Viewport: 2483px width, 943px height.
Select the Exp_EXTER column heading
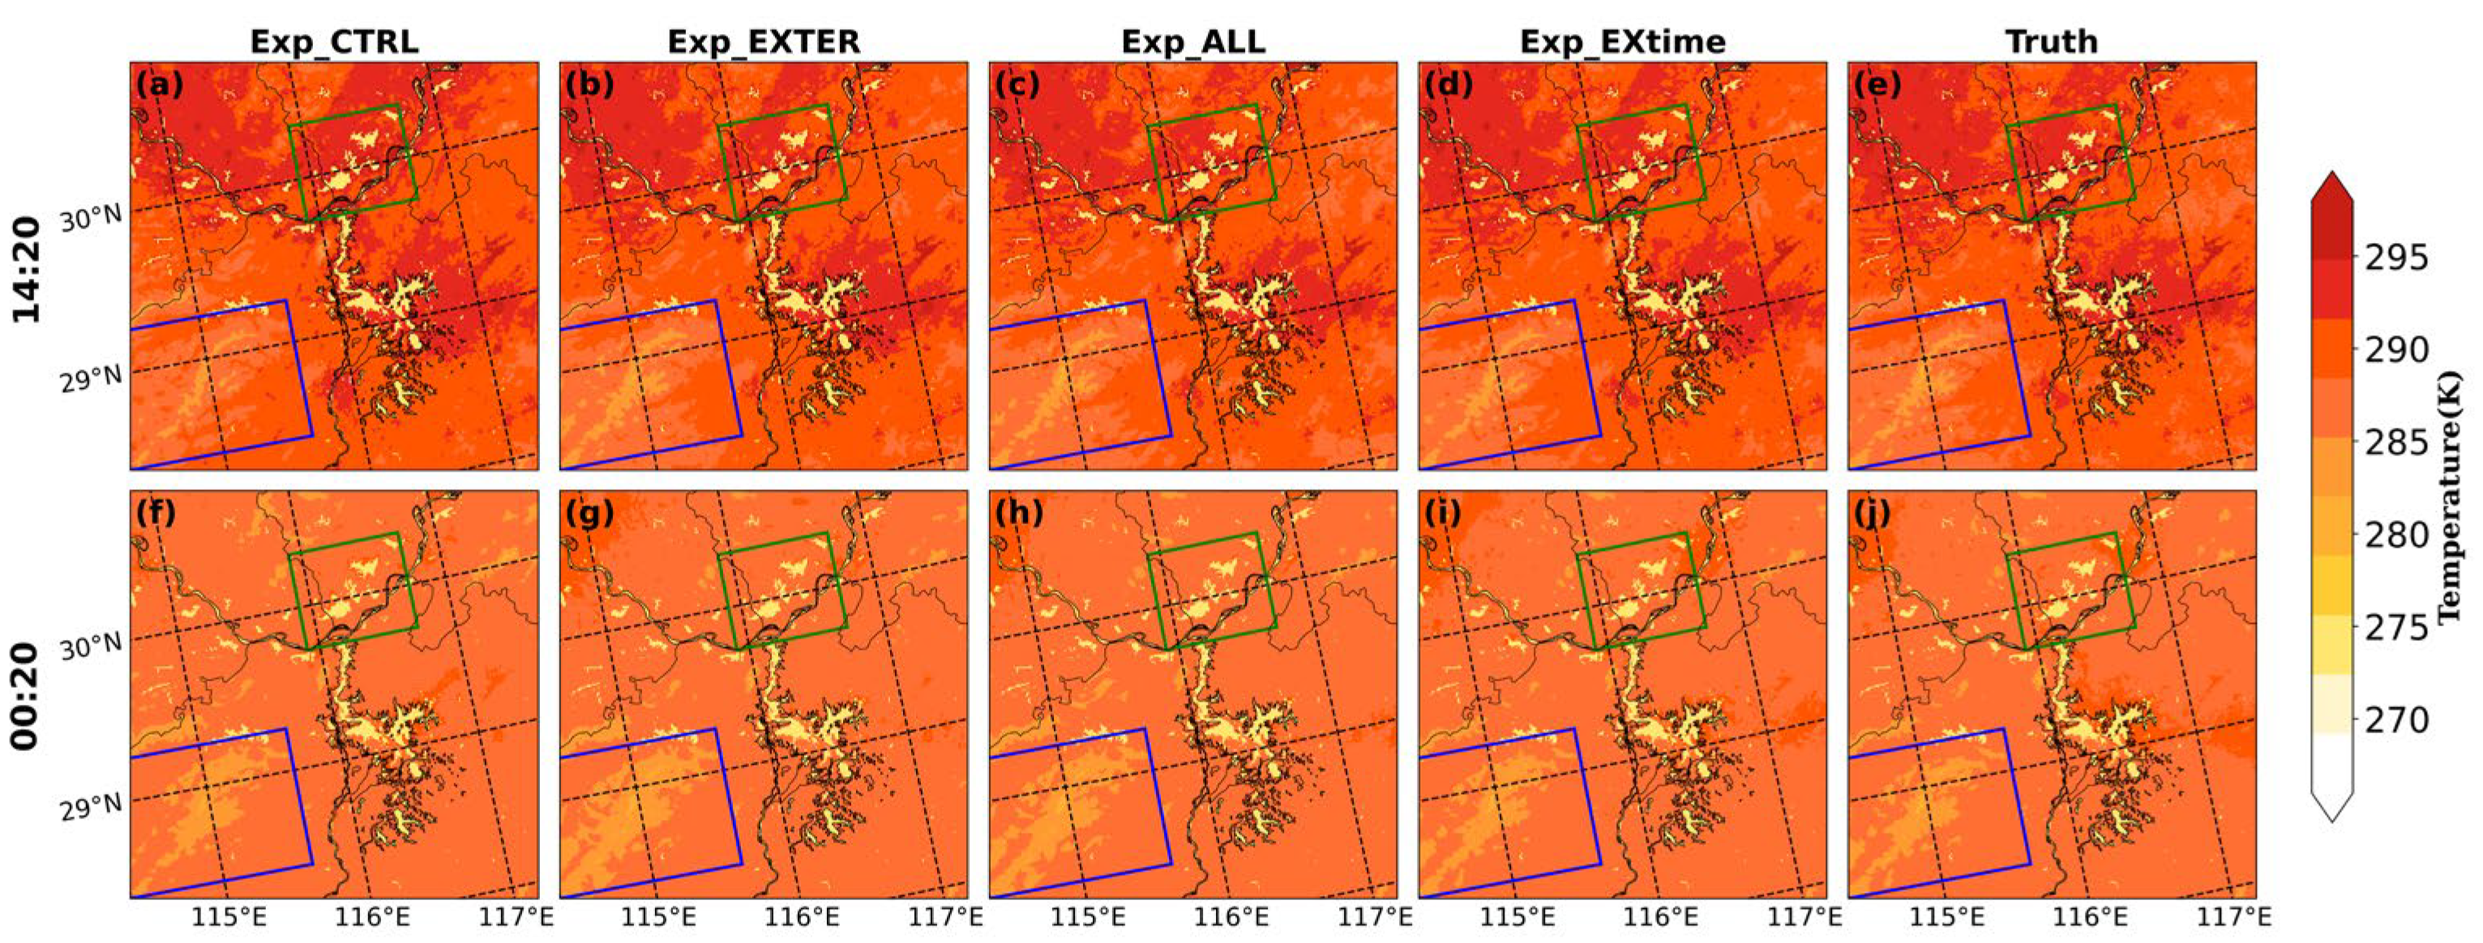764,41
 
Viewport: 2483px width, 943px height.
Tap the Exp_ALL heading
1192,41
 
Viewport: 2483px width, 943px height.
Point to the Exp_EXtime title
1622,41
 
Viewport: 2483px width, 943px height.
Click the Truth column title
2051,41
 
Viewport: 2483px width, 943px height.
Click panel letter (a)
160,86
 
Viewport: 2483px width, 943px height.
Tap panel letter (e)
1877,86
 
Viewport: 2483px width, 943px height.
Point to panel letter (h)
1019,514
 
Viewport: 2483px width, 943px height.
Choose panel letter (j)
1877,514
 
